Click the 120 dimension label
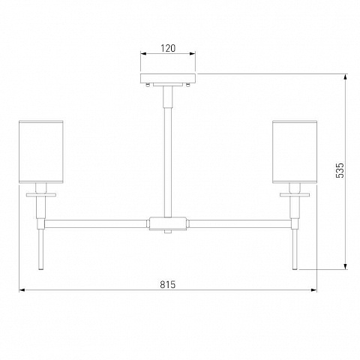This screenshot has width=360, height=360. [x=168, y=48]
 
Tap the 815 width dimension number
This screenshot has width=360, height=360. [x=168, y=284]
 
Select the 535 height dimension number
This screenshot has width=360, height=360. [x=340, y=170]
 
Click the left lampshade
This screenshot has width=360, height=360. [x=41, y=152]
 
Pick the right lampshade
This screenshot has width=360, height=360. [x=295, y=152]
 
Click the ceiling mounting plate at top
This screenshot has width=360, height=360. [x=168, y=79]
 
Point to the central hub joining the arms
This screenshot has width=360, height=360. [x=168, y=223]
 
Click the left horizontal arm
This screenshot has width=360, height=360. [x=95, y=223]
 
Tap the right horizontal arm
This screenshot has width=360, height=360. [x=240, y=223]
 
